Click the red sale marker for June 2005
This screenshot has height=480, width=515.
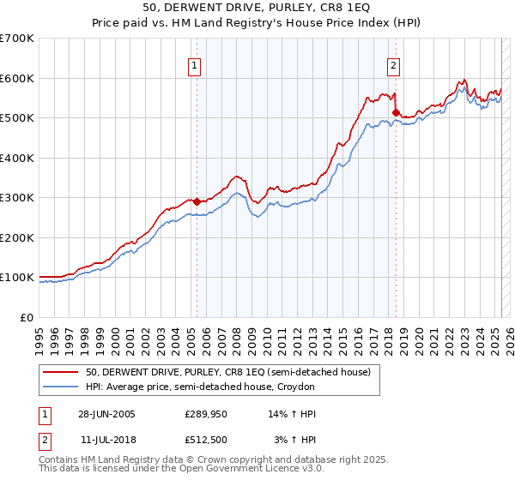point(197,201)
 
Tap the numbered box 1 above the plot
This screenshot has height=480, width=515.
point(194,65)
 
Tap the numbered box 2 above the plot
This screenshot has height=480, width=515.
point(393,65)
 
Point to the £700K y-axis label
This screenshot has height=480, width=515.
point(16,39)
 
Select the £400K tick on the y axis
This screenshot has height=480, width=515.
point(16,158)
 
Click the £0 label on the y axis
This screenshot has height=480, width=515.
point(27,317)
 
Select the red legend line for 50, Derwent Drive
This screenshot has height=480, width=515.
point(60,372)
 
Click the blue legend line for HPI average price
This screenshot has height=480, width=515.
point(60,387)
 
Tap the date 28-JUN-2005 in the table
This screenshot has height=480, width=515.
point(106,414)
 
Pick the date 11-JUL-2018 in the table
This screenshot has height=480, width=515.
point(106,440)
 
